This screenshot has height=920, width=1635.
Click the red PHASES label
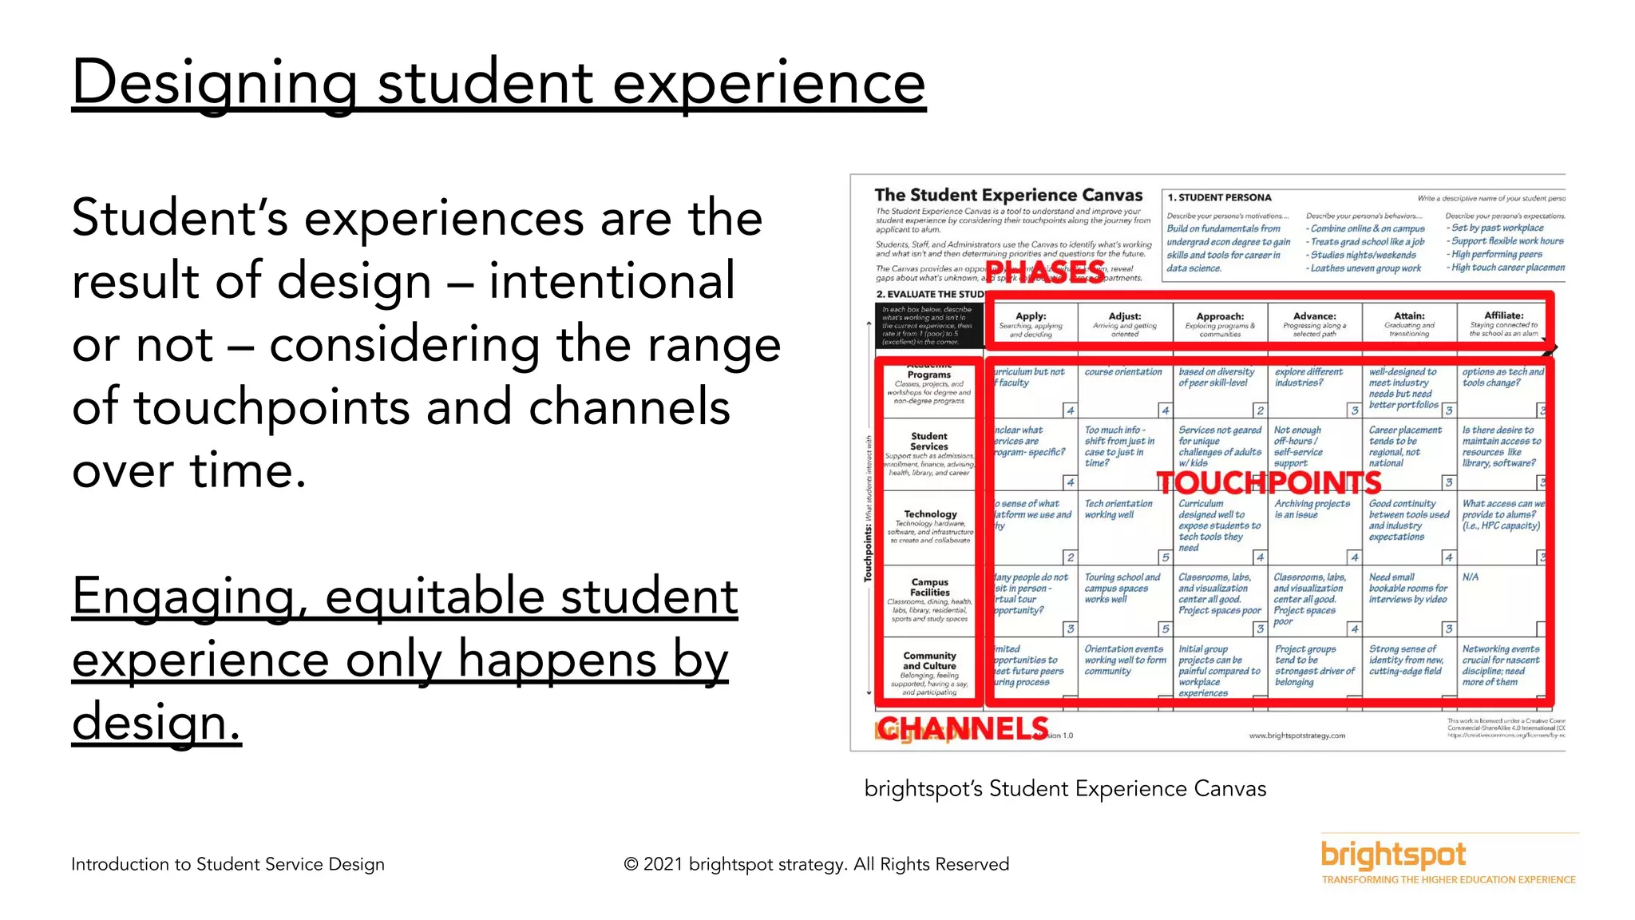(1046, 272)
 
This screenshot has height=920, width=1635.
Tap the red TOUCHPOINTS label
(1269, 482)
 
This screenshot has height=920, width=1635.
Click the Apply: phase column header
(1031, 324)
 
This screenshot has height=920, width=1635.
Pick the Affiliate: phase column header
(1503, 324)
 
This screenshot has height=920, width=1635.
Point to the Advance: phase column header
(1314, 324)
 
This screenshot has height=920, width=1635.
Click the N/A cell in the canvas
(1470, 577)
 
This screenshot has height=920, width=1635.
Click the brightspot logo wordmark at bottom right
(1393, 855)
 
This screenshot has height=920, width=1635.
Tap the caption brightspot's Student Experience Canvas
(1065, 789)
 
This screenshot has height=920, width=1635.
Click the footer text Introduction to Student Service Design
(228, 864)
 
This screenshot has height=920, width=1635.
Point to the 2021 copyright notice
(816, 864)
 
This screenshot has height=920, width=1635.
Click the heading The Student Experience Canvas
(1008, 195)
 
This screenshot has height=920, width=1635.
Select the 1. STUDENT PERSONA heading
(1219, 197)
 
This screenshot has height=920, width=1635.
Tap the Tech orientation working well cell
(1118, 510)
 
